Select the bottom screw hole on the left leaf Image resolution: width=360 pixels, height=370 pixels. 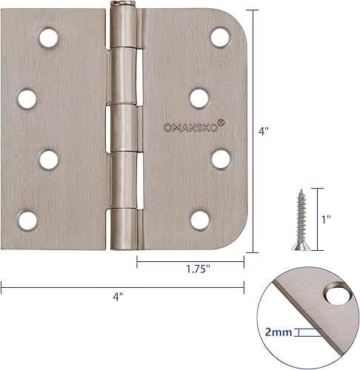27,218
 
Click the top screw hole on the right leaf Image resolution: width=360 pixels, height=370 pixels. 219,36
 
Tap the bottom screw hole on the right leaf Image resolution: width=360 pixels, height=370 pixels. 198,218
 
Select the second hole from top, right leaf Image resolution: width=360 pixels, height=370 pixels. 198,96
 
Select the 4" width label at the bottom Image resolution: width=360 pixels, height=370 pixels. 119,296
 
